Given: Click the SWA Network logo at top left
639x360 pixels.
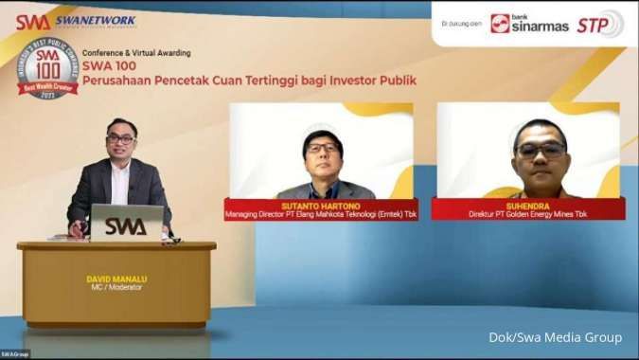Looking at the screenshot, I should coord(75,21).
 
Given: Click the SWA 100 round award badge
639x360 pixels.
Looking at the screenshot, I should coord(47,69).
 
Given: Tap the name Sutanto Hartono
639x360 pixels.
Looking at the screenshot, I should coord(320,205).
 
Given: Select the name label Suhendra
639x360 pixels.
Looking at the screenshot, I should coord(527,205).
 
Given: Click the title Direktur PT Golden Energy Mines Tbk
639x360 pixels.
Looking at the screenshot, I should coord(527,214).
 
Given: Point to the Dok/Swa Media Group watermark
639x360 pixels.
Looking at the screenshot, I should coord(555,337).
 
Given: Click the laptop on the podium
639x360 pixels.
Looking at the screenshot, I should coord(126,224).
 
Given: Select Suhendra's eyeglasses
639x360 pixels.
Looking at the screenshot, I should coord(540,150).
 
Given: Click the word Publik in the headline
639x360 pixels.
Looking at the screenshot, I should coord(396,81).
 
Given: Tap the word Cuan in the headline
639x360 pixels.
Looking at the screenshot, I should coord(242,81).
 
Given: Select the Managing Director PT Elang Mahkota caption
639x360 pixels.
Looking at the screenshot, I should coord(320,214).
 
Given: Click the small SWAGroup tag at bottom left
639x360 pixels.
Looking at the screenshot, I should coord(15,353).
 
